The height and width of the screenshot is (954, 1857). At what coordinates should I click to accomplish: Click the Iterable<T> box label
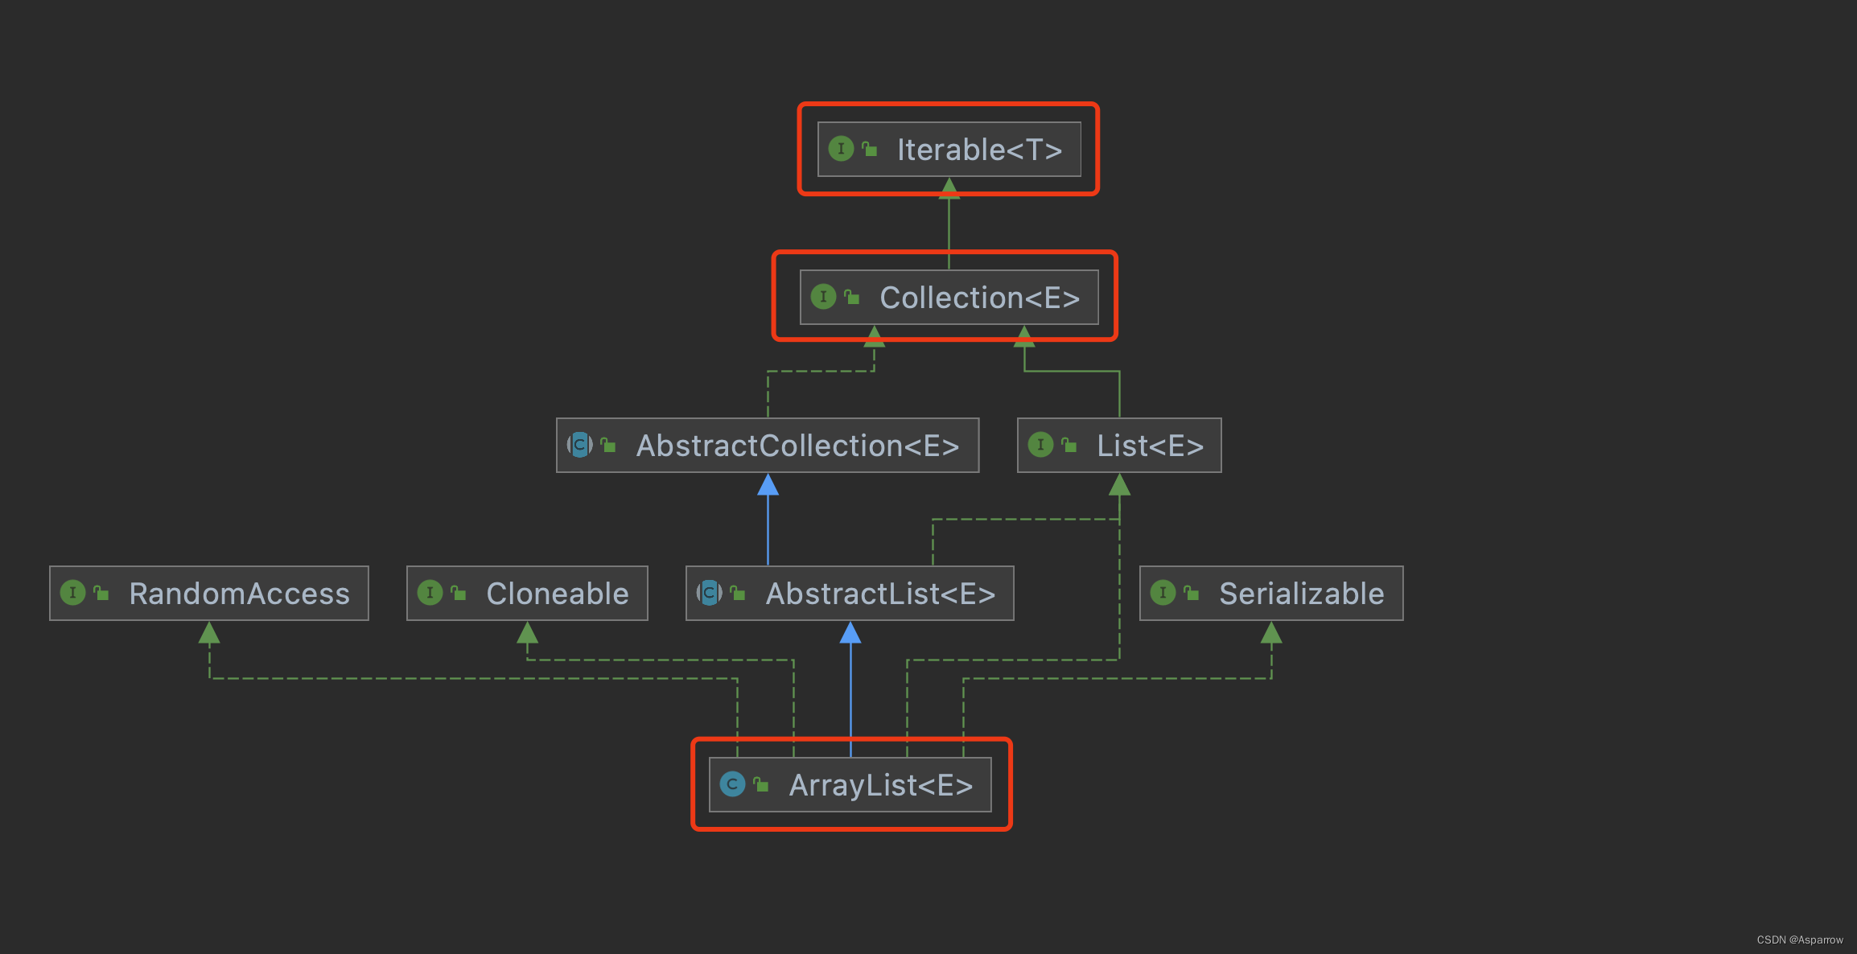979,150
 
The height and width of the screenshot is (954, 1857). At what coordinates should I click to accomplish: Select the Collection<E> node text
979,298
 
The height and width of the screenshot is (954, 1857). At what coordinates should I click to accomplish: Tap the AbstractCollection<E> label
797,446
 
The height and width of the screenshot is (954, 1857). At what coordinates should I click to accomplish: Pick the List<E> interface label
1150,446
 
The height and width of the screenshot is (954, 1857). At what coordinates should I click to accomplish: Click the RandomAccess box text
239,594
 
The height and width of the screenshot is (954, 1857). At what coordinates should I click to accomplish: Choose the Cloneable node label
557,594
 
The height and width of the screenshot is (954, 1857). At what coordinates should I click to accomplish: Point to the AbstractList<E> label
880,594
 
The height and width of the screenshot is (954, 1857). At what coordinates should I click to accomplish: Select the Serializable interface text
1301,594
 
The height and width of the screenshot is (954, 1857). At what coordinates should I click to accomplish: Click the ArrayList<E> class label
880,785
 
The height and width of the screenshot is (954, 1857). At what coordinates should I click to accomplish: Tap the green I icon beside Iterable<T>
841,149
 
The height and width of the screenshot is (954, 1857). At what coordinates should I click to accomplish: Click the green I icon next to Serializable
1163,593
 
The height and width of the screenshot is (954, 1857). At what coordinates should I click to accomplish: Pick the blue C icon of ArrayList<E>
732,784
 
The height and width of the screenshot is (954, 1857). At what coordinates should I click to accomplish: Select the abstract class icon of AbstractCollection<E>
579,445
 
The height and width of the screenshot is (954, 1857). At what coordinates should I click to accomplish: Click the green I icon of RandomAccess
72,593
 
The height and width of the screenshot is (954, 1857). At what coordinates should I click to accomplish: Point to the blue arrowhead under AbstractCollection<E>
768,485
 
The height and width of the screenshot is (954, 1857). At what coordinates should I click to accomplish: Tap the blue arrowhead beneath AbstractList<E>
850,633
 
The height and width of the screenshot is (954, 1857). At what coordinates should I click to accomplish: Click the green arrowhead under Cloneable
527,633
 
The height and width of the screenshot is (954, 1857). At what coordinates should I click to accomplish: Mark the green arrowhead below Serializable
1271,633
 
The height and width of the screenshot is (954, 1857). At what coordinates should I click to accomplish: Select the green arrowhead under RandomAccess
209,633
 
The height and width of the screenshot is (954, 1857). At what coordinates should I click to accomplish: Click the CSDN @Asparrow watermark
1800,940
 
